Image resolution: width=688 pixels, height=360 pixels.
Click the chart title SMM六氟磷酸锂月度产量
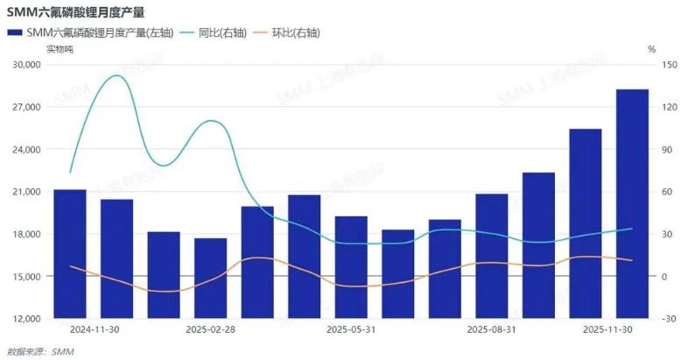coord(76,11)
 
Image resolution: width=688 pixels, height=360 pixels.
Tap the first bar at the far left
coord(70,253)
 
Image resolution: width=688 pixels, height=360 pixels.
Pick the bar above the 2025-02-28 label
coord(210,278)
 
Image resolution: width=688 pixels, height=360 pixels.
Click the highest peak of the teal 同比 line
coord(116,76)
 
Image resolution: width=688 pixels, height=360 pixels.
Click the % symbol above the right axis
coord(651,50)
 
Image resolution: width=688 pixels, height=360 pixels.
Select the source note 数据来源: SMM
coord(41,351)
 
